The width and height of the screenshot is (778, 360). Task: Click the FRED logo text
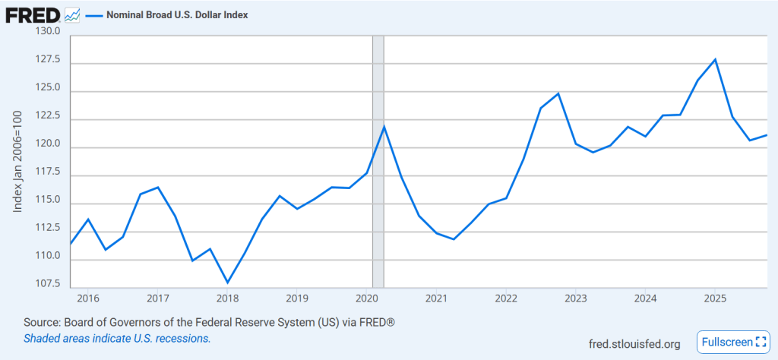pos(33,14)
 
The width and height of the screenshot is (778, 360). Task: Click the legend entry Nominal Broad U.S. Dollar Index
pos(176,14)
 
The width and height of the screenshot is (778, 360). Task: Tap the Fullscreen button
pos(729,343)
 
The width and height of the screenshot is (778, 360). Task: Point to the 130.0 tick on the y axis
pos(48,31)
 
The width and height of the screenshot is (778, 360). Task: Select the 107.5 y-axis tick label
pos(48,283)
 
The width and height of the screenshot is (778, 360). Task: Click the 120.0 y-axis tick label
pos(48,147)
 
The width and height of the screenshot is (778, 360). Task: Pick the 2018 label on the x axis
pos(227,298)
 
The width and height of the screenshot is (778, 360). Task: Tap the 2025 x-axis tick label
pos(714,298)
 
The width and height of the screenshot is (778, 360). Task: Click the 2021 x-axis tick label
pos(436,298)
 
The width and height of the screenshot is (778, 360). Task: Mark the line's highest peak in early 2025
pos(715,59)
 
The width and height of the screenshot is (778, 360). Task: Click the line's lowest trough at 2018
pos(228,283)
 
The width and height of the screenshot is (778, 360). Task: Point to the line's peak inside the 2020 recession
pos(384,126)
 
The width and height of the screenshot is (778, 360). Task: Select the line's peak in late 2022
pos(558,93)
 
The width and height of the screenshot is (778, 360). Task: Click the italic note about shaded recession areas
pos(117,338)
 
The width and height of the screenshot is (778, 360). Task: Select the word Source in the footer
pos(43,323)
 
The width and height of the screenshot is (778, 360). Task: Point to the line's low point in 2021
pos(454,239)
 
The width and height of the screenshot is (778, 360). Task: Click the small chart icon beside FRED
pos(72,14)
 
